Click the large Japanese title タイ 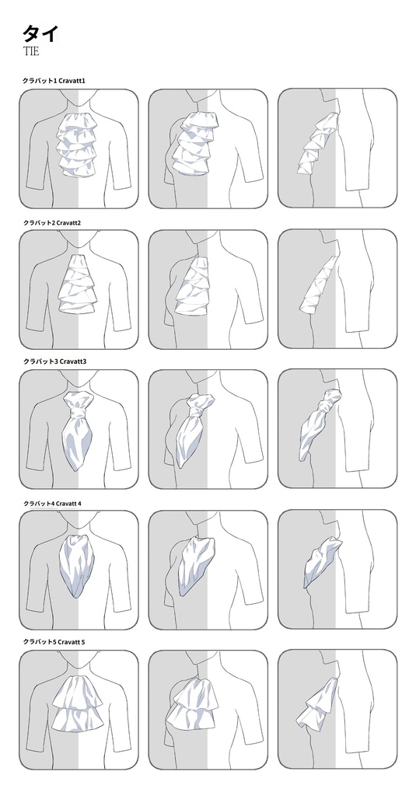point(40,33)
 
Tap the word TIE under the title point(31,51)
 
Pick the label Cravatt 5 point(71,642)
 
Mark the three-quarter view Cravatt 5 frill point(194,708)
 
